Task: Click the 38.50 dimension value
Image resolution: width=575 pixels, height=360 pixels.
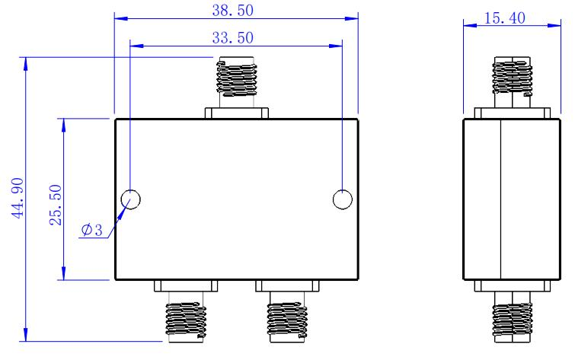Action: coord(232,10)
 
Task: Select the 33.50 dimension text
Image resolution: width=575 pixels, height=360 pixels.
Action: coord(232,38)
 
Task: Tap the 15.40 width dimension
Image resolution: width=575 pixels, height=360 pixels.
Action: coord(505,18)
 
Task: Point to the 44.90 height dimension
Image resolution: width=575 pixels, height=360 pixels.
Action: coord(18,199)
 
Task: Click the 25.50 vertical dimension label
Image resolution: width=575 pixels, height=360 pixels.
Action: coord(56,205)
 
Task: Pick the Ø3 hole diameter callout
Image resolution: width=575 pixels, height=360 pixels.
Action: coord(91,230)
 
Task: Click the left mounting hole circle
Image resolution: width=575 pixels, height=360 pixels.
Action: coord(130,199)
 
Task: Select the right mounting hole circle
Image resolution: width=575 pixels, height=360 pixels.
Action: coord(343,199)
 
